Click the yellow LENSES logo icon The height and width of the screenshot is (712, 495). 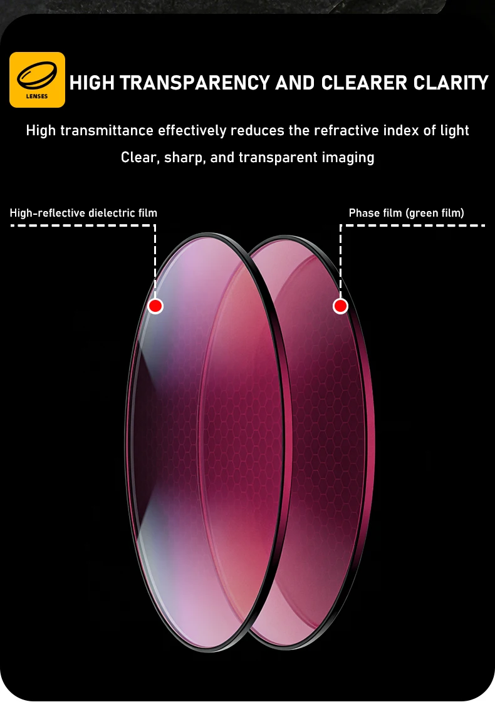37,80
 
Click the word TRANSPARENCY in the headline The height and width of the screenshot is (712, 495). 195,83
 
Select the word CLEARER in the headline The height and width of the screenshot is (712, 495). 363,83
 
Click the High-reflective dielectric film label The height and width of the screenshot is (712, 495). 83,214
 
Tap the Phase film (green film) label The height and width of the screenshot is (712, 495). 406,214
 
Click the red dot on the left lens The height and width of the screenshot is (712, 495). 155,306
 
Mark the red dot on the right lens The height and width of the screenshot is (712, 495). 340,306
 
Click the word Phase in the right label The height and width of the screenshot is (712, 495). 365,214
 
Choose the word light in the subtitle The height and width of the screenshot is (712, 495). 454,131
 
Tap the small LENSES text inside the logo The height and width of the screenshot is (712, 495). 37,96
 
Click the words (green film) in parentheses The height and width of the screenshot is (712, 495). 435,214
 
